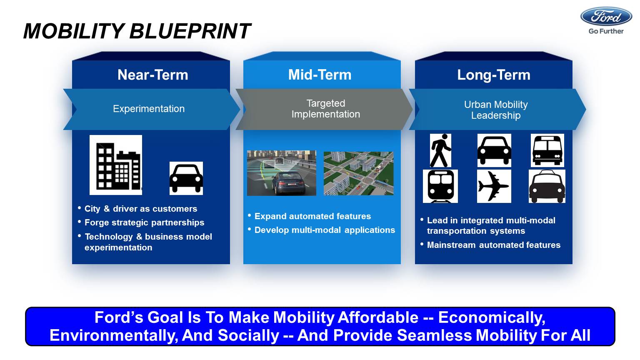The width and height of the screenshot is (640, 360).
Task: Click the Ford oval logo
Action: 606,17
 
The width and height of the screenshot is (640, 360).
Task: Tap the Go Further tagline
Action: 606,31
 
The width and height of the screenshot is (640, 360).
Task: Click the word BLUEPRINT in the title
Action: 190,31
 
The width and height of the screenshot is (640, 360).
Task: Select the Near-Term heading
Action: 153,75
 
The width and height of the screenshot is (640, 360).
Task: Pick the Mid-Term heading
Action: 320,75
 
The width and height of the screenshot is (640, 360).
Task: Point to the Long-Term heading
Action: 494,75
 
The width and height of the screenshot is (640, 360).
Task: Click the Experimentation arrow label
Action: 149,109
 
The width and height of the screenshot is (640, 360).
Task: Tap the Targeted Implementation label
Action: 326,109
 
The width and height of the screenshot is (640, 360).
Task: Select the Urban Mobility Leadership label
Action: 496,110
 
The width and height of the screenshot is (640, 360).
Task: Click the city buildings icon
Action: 116,165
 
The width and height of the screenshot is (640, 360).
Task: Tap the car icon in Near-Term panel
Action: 186,178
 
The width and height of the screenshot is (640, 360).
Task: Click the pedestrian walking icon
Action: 440,150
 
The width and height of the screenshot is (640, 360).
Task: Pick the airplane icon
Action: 494,186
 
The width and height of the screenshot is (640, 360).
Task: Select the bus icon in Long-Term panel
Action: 547,150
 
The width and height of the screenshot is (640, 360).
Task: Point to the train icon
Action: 440,186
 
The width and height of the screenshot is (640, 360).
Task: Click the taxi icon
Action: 547,186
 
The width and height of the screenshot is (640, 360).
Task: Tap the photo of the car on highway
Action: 282,173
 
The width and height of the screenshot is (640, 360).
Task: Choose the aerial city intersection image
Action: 359,173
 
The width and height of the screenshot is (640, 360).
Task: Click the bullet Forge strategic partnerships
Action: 144,222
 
